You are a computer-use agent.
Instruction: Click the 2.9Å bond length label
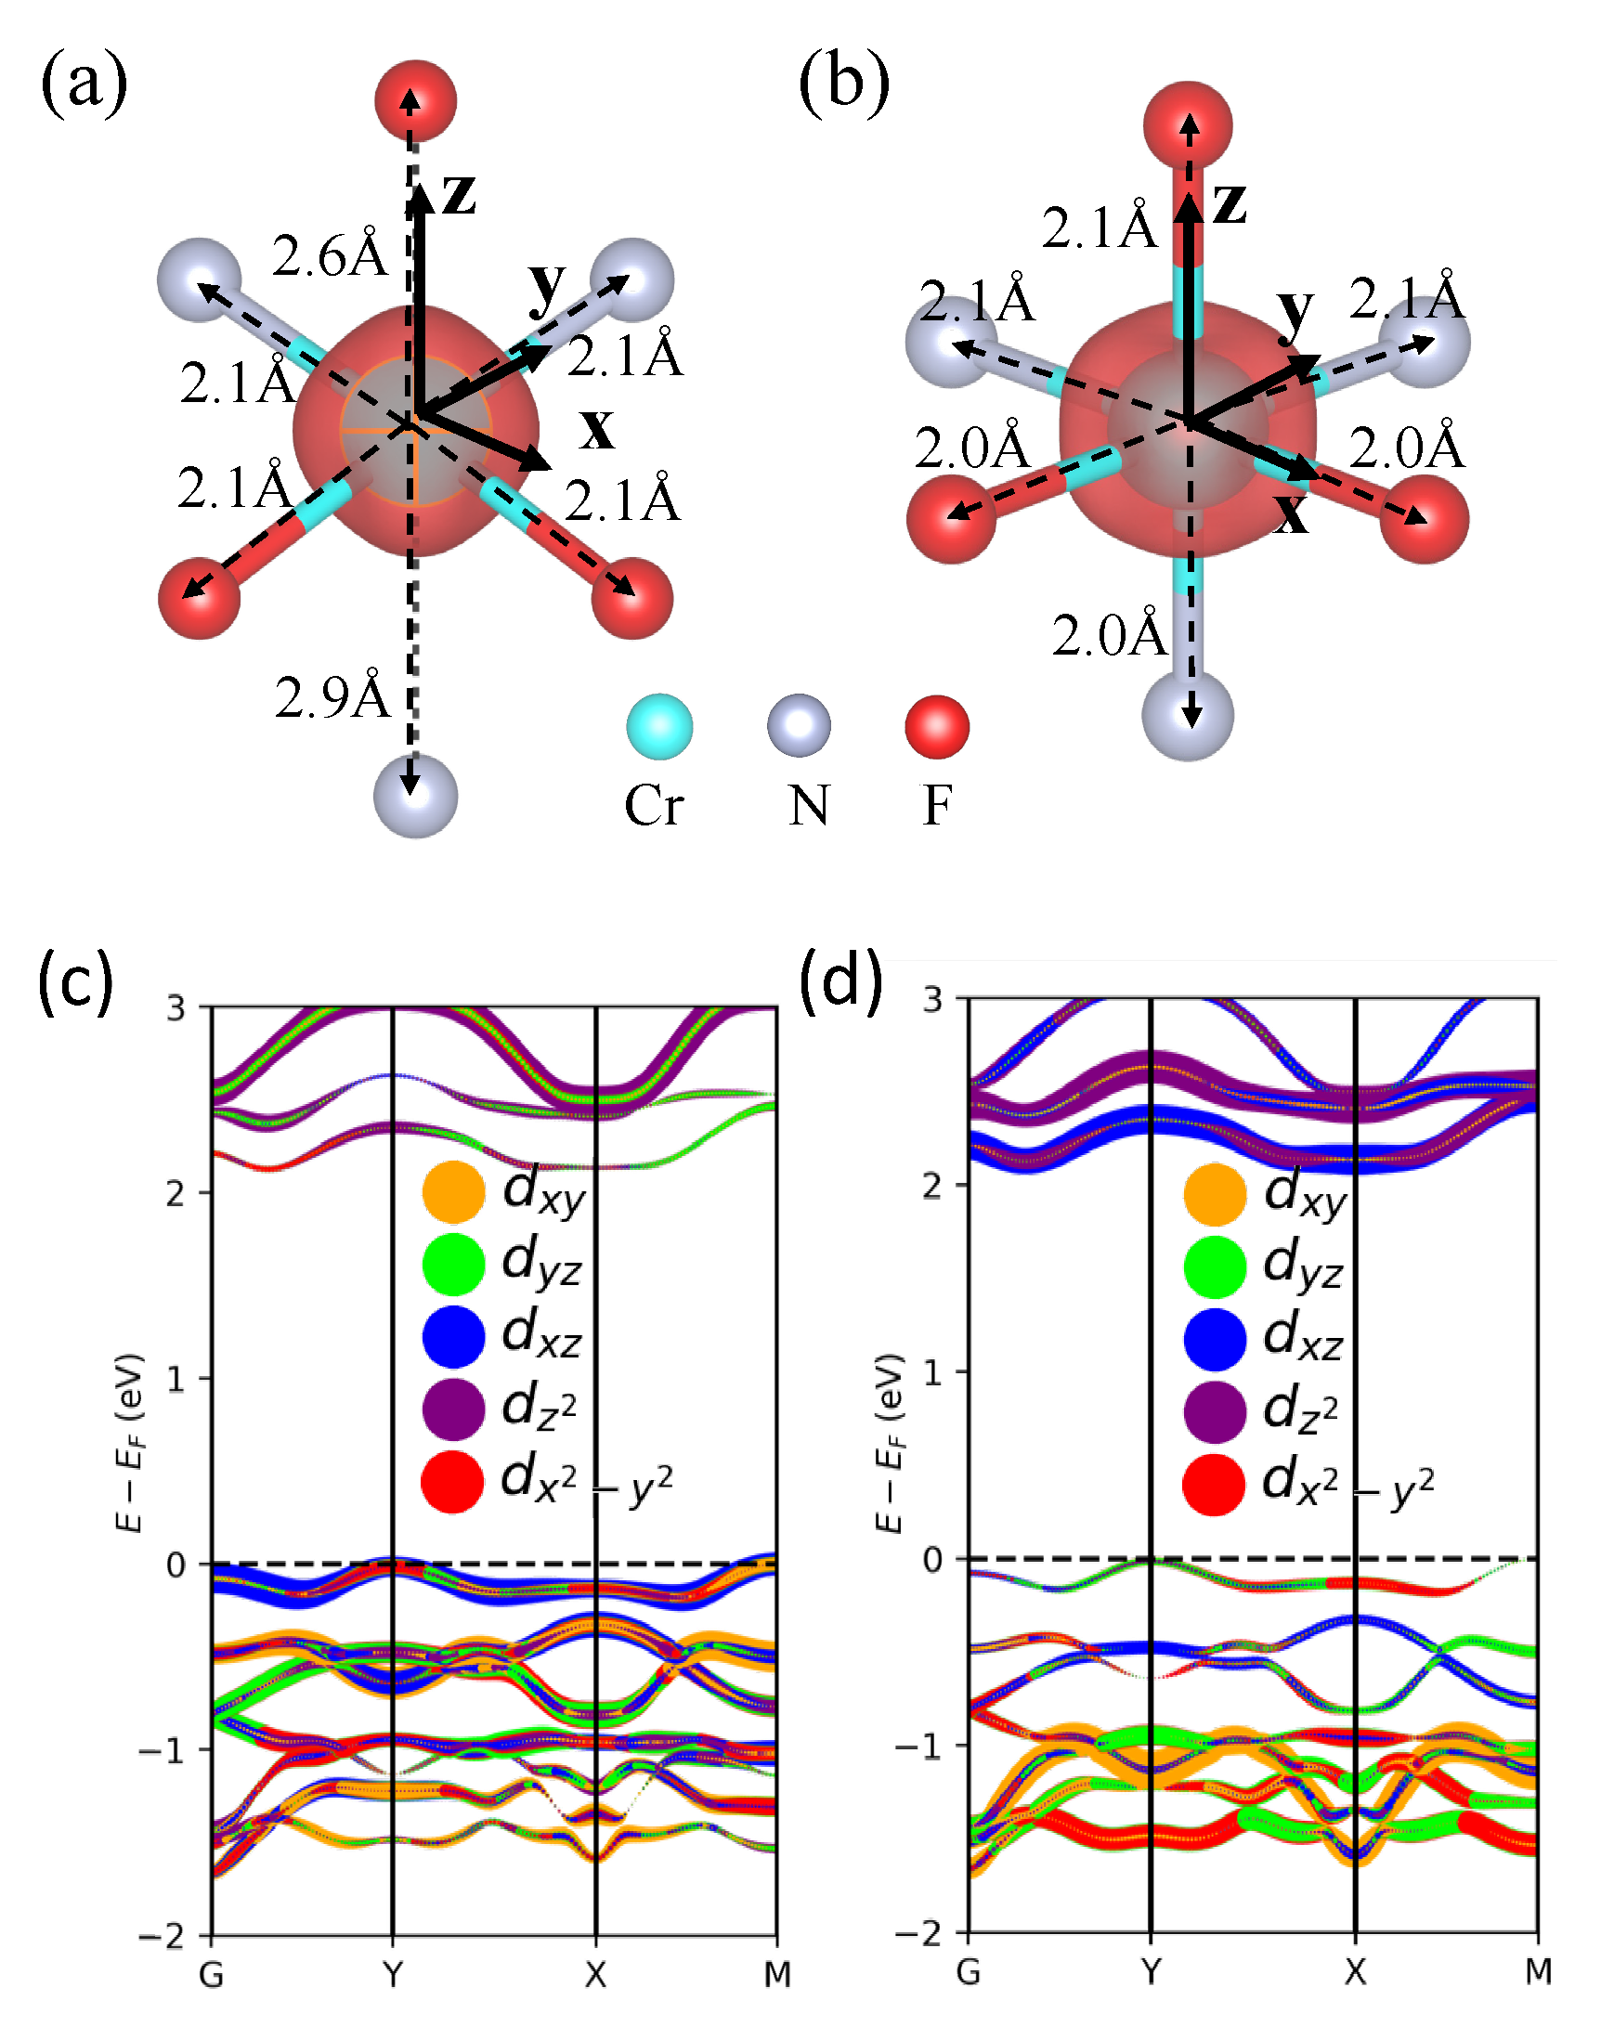(x=332, y=695)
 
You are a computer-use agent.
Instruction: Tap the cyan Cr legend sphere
(x=659, y=726)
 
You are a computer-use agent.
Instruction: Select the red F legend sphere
(x=936, y=726)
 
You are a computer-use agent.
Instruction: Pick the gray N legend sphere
(x=799, y=726)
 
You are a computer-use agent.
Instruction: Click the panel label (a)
(x=84, y=84)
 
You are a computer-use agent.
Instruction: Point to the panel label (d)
(x=840, y=981)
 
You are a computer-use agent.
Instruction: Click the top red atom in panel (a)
(x=415, y=100)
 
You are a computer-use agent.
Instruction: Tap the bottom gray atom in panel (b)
(x=1188, y=715)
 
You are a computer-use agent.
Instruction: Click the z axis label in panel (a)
(x=460, y=194)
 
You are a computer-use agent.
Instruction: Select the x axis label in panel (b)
(x=1292, y=513)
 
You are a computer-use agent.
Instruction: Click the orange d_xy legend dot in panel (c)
(x=454, y=1192)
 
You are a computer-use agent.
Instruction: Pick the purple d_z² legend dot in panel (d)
(x=1215, y=1410)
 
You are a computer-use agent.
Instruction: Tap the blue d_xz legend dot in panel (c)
(x=454, y=1336)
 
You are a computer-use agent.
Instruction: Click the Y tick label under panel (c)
(x=393, y=1976)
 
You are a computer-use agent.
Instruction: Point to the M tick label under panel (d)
(x=1538, y=1972)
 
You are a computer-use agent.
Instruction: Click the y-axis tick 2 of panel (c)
(x=176, y=1194)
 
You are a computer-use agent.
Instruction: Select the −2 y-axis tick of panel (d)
(x=918, y=1933)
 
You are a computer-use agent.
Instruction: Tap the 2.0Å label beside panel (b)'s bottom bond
(x=1109, y=635)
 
